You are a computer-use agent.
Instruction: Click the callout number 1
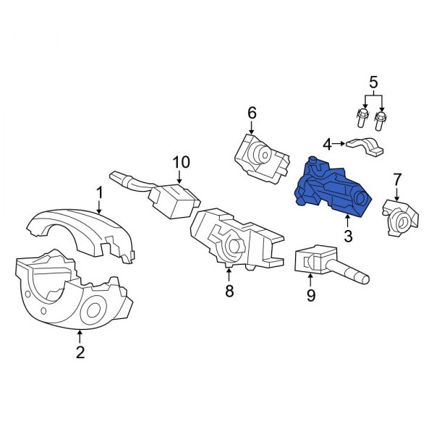point(100,192)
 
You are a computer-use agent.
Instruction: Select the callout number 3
point(348,236)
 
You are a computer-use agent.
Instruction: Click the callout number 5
point(373,82)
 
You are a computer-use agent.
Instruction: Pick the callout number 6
point(252,113)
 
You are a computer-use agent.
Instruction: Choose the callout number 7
point(396,179)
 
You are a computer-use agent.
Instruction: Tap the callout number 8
point(229,292)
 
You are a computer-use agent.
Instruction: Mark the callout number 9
point(311,295)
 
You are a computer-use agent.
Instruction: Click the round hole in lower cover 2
point(94,313)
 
